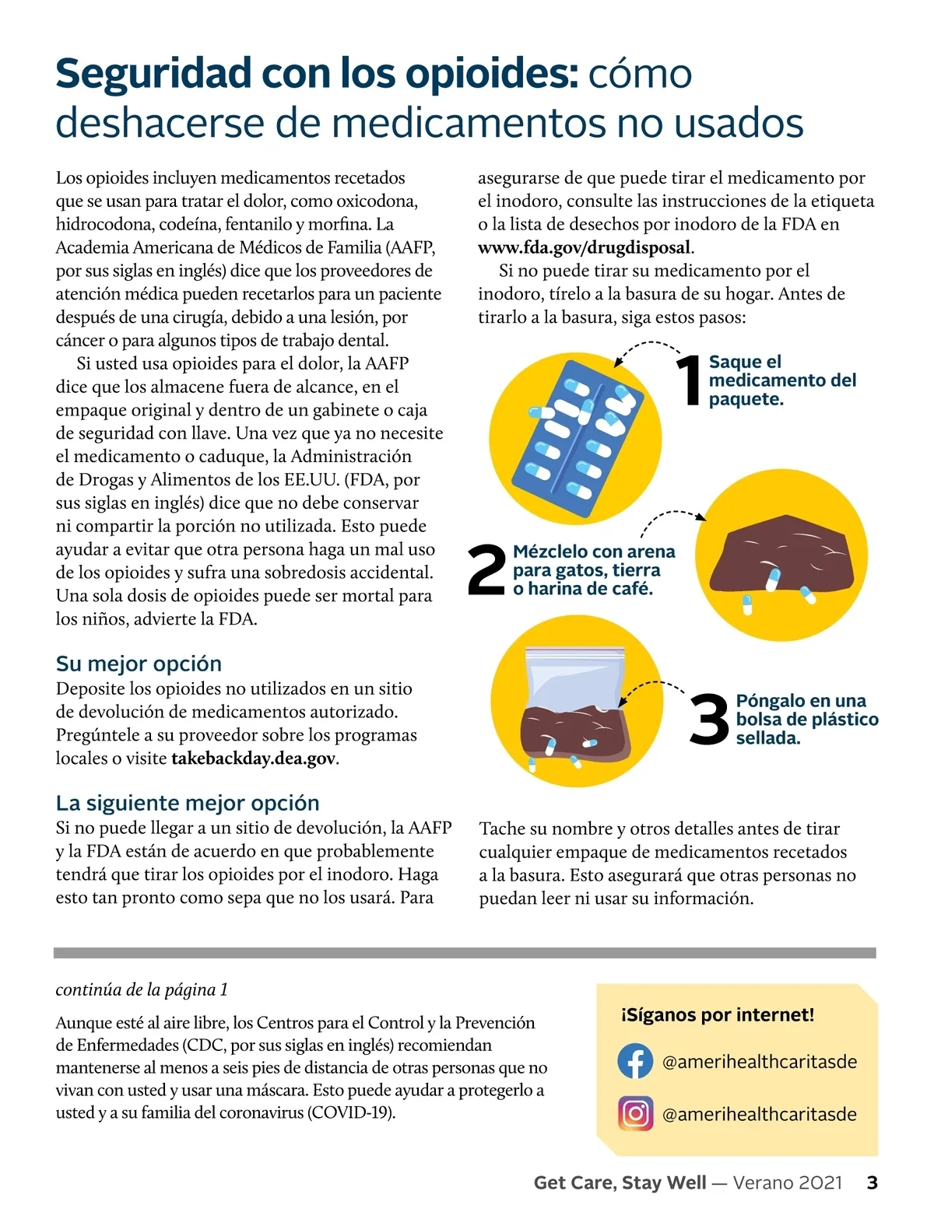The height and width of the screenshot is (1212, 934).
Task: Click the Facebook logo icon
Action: (635, 1061)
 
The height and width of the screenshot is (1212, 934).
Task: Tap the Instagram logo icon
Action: (635, 1113)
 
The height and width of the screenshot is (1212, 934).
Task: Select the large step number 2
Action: (487, 570)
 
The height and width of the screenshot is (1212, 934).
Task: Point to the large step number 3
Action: (709, 720)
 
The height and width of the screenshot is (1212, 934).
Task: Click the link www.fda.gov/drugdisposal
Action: (584, 247)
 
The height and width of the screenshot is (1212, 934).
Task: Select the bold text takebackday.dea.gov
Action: (253, 758)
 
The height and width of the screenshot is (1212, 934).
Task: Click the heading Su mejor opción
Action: (139, 664)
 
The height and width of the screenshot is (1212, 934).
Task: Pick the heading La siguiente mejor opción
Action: (188, 803)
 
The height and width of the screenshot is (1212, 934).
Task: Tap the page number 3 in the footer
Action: (872, 1182)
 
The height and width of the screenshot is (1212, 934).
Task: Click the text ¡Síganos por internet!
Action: (718, 1014)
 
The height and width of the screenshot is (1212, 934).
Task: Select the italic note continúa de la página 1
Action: (142, 990)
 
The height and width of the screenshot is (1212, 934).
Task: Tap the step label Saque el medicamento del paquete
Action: (781, 380)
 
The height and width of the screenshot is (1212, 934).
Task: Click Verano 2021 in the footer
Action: (788, 1182)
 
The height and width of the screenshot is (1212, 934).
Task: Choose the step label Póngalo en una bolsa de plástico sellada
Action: (806, 720)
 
